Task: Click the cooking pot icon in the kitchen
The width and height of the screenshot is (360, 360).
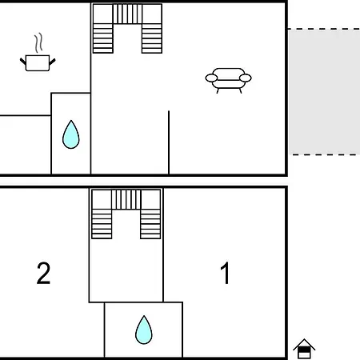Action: (38, 63)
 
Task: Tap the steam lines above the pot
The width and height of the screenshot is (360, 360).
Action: (38, 42)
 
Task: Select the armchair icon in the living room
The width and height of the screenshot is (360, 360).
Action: (228, 80)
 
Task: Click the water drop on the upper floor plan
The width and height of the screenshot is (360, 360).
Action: (71, 134)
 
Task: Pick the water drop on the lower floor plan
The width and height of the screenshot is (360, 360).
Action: (144, 330)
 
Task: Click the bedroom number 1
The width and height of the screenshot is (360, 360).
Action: (226, 273)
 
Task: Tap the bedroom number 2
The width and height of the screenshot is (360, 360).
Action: (43, 273)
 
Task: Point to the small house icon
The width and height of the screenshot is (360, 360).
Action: (304, 348)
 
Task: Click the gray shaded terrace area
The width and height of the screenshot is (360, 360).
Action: (324, 91)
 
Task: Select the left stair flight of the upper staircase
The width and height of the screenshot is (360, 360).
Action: (103, 38)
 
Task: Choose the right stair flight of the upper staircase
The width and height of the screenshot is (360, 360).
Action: (152, 38)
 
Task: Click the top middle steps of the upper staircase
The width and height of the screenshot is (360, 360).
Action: (127, 14)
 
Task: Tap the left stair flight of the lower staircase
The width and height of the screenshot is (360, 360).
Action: (102, 224)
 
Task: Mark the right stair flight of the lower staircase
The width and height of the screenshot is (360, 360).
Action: (150, 224)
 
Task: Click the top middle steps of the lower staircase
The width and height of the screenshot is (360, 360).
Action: (126, 199)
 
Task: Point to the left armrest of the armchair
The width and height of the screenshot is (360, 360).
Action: (211, 78)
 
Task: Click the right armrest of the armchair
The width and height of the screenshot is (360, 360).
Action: (246, 78)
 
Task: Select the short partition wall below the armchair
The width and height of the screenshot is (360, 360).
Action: (169, 142)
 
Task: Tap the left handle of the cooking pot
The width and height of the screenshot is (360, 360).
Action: (23, 62)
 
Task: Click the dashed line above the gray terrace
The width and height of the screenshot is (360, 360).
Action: (324, 29)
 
